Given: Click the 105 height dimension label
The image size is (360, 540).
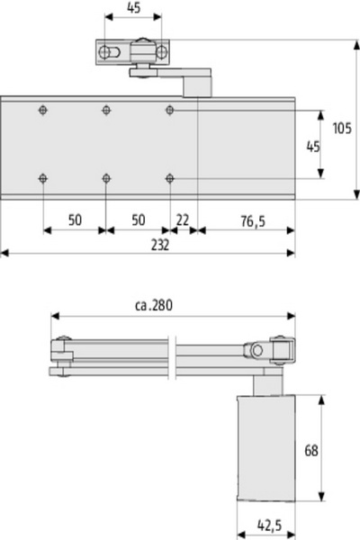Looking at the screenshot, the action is coord(342,128).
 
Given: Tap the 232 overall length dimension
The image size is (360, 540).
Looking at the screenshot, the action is coord(160,245).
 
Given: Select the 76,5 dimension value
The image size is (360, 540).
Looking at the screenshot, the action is coord(253,220).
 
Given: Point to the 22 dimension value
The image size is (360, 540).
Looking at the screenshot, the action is coord(183,220).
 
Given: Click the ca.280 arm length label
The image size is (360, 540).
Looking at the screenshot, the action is coord(154,305).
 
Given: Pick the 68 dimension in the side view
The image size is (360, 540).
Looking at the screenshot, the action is coord(311,450).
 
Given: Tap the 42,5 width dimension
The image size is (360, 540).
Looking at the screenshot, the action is coord(269,526).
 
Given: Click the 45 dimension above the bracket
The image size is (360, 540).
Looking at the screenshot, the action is coord(134,7).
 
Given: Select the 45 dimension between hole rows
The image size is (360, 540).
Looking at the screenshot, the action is coord(313,147).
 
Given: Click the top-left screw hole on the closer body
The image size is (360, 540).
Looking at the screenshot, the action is coord(42,110).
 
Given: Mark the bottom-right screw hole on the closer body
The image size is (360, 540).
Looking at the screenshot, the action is coord(169,178).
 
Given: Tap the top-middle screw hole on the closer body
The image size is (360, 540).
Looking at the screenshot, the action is coord(106,110).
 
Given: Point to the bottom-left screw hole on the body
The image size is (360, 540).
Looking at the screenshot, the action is coord(42,178).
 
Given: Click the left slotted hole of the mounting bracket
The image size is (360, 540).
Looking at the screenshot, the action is coord(110,52).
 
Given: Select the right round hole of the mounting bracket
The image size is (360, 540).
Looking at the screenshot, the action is coord(162,52).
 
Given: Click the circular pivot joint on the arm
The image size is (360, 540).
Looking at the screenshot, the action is coord(256,351).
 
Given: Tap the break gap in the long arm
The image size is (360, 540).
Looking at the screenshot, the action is coord(173,358).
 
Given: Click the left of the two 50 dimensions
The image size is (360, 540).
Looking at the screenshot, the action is coord(75,220).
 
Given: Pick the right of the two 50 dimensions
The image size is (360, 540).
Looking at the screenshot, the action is coord(138,220).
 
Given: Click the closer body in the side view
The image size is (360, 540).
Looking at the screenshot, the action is coord(266,447).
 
